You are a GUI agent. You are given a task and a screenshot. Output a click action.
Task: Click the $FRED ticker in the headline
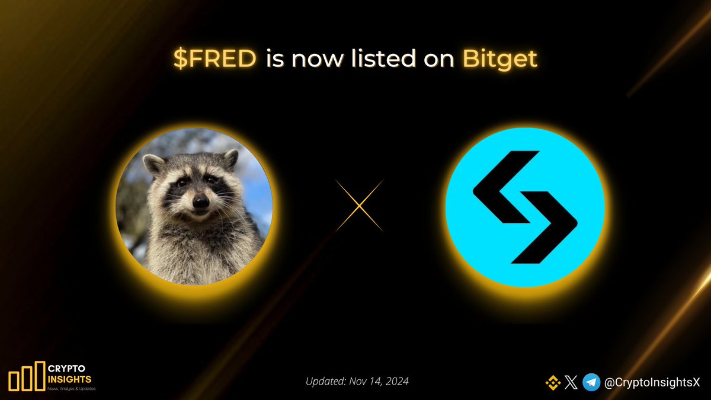coord(215,59)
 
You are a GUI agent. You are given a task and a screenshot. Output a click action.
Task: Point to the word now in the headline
coord(324,59)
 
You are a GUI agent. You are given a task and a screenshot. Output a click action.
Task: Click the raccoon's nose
coord(200,203)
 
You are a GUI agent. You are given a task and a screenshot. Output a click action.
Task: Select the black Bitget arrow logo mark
coord(524,206)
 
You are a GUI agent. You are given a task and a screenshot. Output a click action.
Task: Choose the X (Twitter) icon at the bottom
coord(571,383)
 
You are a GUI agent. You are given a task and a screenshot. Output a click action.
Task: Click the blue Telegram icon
coord(591,383)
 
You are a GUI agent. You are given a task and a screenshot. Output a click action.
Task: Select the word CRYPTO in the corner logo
coord(66,367)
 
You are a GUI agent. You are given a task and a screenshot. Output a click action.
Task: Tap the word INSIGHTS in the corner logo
coord(69,379)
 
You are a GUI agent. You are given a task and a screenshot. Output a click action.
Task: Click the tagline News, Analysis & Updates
coord(71,389)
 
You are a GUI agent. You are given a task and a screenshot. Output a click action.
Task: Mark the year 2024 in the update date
coord(395,382)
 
